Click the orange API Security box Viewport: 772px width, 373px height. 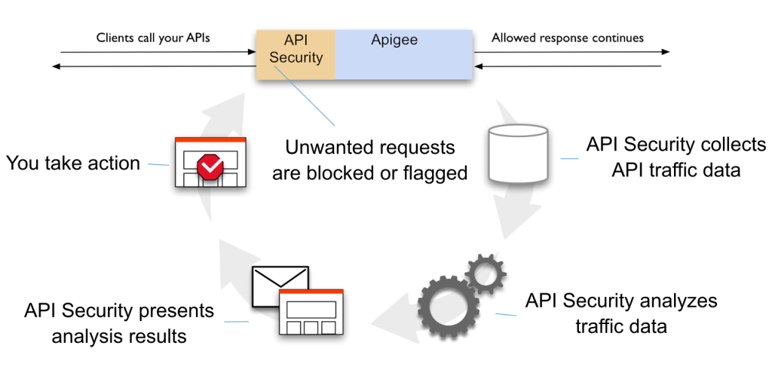296,54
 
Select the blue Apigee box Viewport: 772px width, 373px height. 403,54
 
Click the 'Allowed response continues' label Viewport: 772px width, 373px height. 568,38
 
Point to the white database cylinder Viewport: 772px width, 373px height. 518,154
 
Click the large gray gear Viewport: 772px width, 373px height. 448,307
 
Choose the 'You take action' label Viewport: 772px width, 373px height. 73,162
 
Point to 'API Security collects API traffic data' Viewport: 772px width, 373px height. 675,157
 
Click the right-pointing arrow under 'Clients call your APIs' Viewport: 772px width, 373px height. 158,52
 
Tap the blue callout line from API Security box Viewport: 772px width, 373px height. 305,95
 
